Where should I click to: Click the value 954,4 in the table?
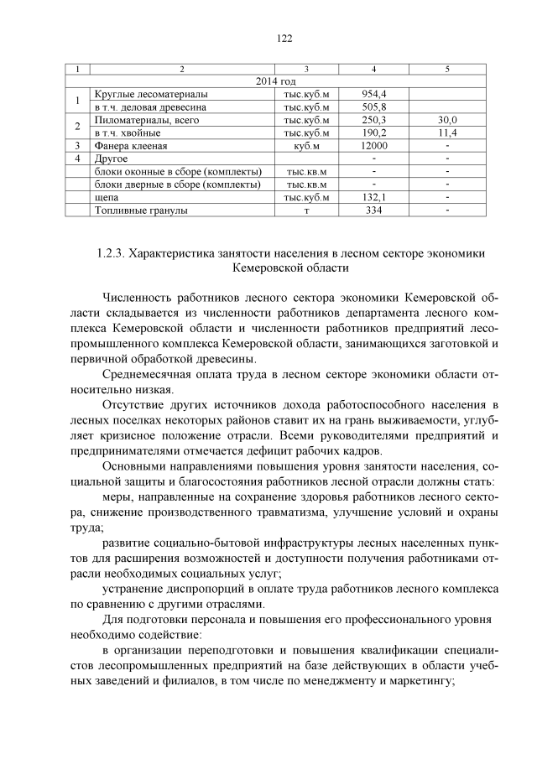point(373,94)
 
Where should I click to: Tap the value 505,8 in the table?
point(373,107)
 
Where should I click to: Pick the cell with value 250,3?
point(373,120)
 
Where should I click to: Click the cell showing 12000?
point(373,146)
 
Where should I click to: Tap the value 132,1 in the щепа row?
point(373,197)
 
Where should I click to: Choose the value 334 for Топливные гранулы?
point(373,210)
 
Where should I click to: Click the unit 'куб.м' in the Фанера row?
point(307,146)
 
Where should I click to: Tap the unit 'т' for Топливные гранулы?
point(307,210)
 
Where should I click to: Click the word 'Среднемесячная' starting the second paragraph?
point(149,375)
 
